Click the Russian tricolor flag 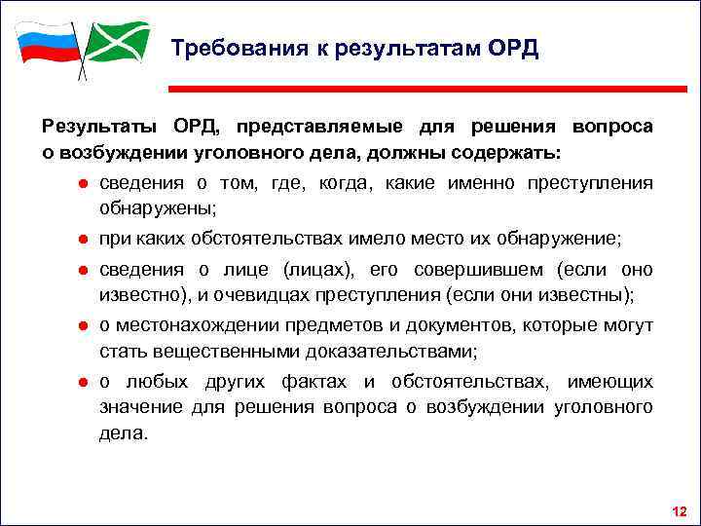(47, 43)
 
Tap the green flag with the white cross (117, 41)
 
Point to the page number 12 (679, 511)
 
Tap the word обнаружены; (157, 208)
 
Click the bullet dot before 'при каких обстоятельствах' (85, 239)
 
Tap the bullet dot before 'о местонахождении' (85, 325)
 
